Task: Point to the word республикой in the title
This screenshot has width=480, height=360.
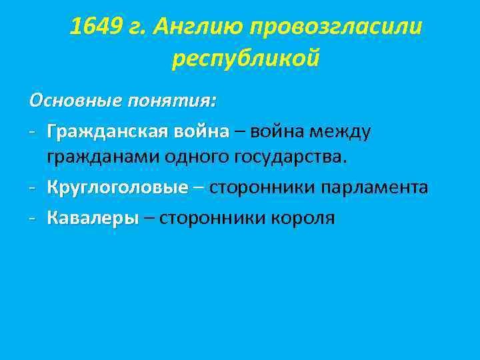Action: (246, 59)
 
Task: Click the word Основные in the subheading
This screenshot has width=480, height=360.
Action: (75, 101)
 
